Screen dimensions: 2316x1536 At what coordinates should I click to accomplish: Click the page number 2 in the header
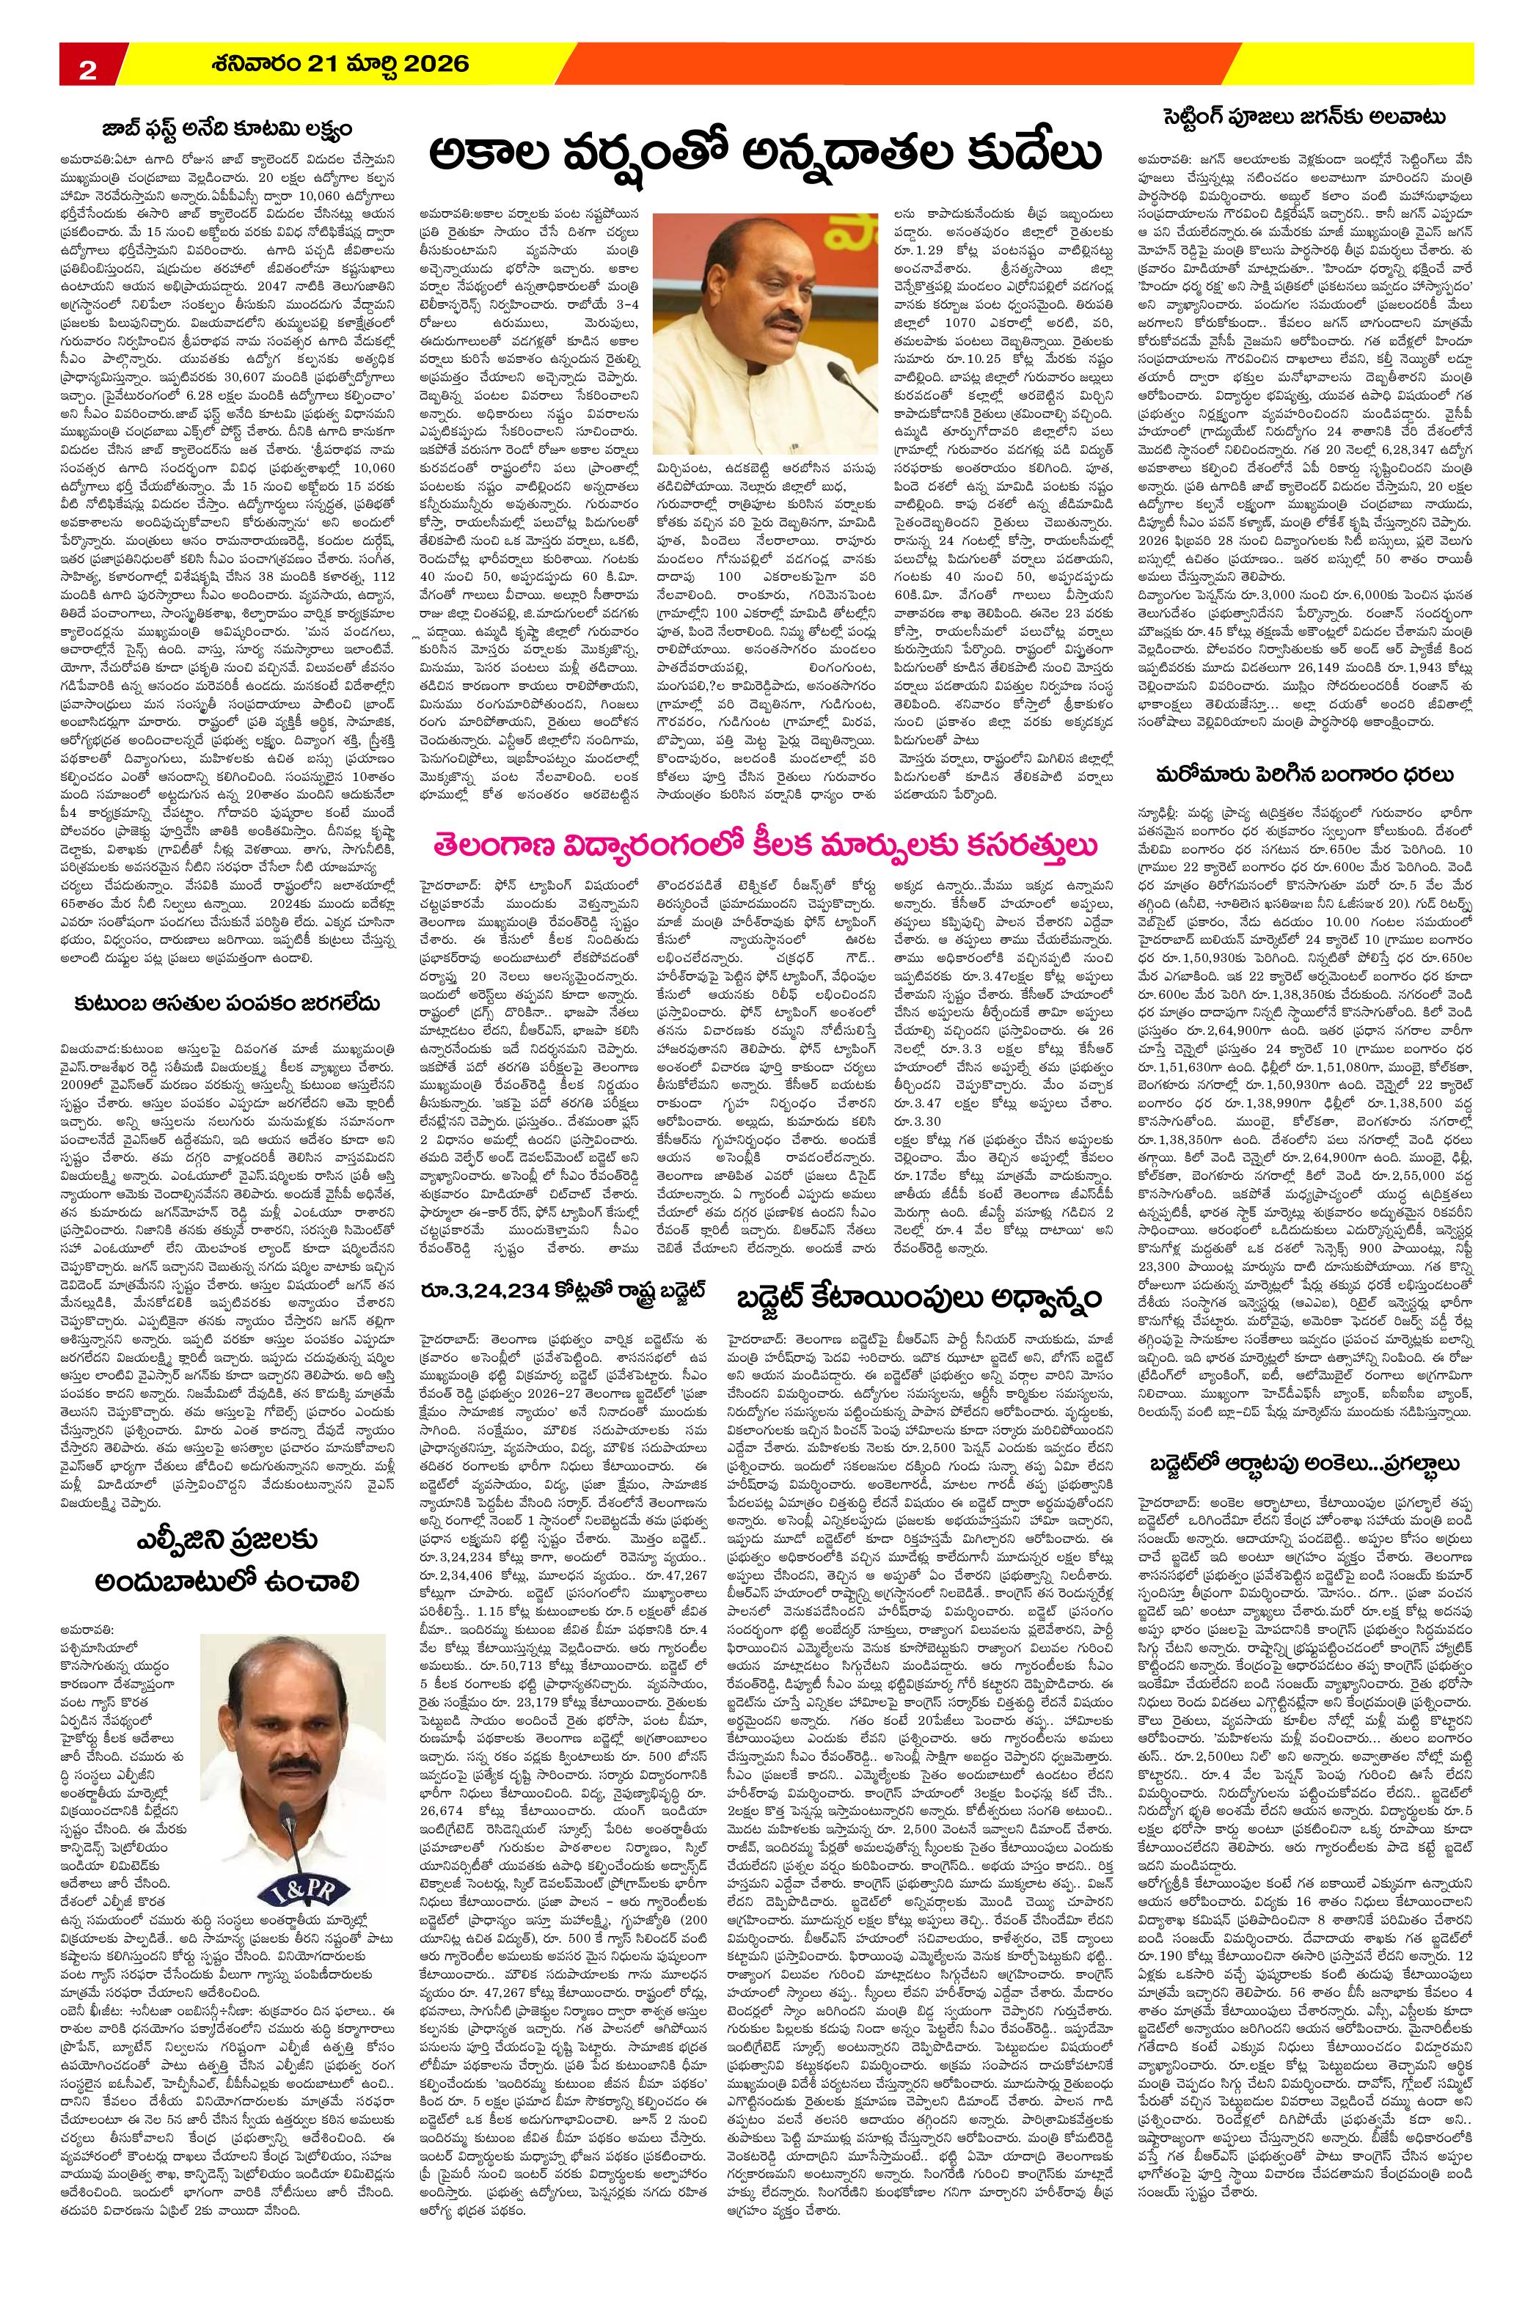[87, 70]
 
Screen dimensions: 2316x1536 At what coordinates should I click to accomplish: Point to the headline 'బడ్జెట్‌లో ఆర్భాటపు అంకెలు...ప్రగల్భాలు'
[1308, 1410]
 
